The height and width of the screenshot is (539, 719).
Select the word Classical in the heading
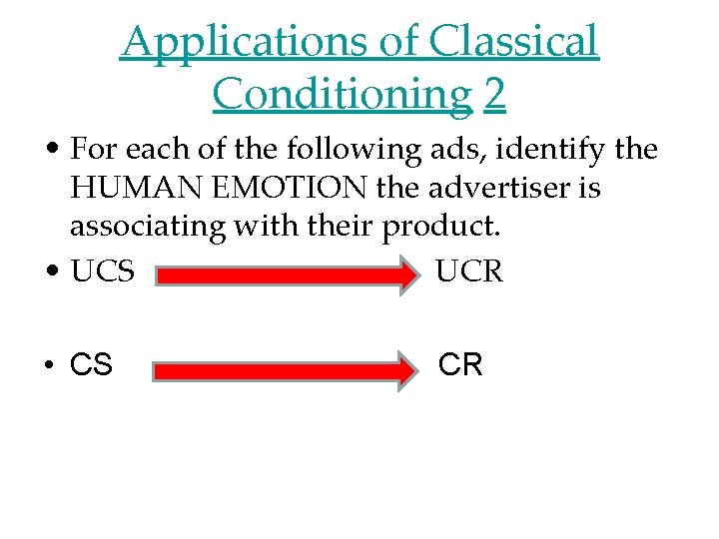point(514,42)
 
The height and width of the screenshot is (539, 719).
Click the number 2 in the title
point(494,94)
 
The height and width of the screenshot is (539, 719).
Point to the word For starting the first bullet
point(95,150)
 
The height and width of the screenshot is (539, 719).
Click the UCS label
point(103,270)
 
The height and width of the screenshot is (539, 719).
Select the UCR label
point(469,270)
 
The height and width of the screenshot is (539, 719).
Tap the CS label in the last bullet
point(92,366)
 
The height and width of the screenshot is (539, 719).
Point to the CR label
point(460,365)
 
